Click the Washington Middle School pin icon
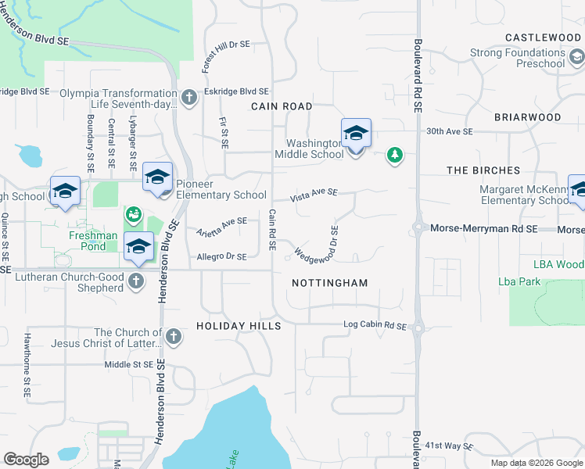356,133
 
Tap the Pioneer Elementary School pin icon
157,177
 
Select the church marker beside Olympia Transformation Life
188,98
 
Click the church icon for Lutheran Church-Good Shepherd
136,281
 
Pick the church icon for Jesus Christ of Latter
173,338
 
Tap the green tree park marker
396,156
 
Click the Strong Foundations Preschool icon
576,57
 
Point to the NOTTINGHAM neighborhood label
329,282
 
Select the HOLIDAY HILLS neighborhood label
238,325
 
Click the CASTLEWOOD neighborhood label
543,38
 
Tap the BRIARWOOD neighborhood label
527,116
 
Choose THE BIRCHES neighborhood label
483,170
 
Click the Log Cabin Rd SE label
375,325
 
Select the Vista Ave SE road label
314,193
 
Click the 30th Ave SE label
450,132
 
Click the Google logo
27,459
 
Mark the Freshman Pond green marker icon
133,214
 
